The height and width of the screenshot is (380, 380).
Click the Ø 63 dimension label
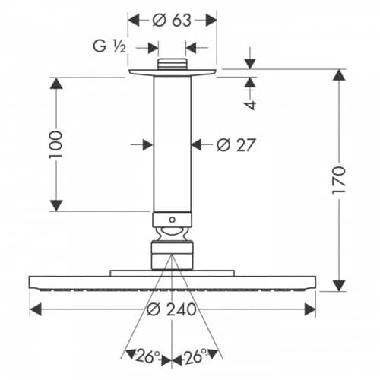click(x=172, y=21)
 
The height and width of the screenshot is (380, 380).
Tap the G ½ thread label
click(x=109, y=46)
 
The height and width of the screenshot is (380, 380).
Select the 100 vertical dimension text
click(x=56, y=144)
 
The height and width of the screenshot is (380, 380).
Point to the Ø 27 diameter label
click(x=236, y=145)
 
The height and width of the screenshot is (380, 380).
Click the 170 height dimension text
click(x=339, y=180)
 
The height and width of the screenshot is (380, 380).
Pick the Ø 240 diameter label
click(x=172, y=309)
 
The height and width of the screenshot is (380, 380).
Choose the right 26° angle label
click(x=195, y=356)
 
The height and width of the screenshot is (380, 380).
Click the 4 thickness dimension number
click(x=250, y=105)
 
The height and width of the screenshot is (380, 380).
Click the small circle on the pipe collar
click(x=172, y=220)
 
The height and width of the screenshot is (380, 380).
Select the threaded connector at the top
click(x=173, y=64)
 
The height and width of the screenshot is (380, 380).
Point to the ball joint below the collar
click(x=172, y=234)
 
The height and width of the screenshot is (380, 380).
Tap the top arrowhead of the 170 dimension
click(x=339, y=75)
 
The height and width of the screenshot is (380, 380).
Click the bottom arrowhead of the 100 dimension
click(x=56, y=205)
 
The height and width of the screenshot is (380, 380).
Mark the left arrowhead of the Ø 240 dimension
click(x=36, y=309)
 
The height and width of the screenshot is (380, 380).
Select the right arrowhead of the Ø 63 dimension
click(x=211, y=21)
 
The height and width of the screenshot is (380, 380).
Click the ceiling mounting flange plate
click(x=173, y=72)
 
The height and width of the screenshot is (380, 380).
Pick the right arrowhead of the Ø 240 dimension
click(x=310, y=309)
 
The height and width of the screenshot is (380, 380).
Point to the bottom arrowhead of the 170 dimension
click(x=339, y=286)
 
